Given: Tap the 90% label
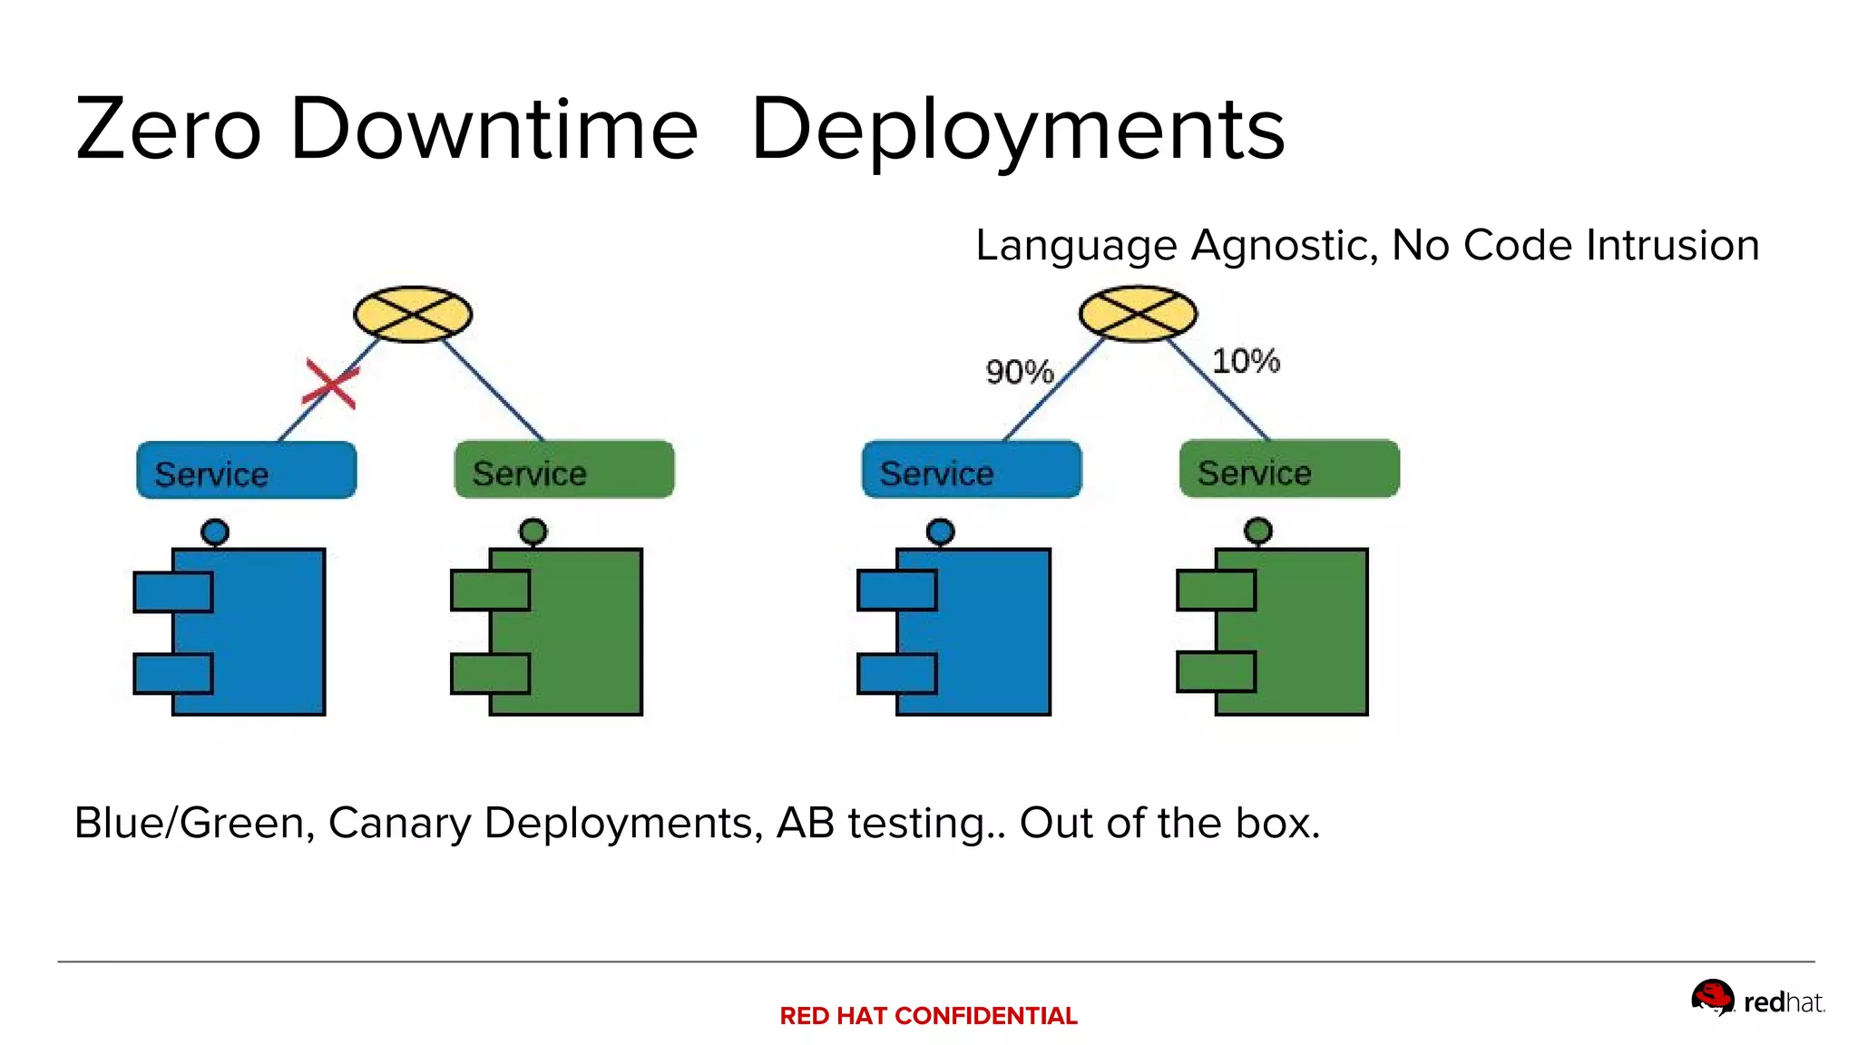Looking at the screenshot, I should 1019,372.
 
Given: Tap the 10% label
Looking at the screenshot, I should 1246,361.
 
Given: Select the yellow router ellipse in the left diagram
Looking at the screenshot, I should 413,314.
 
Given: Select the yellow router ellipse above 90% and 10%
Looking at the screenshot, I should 1138,314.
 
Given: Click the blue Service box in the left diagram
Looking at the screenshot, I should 247,470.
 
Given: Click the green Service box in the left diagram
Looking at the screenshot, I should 564,470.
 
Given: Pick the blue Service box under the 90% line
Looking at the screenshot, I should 972,470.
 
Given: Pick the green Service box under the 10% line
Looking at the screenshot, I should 1289,469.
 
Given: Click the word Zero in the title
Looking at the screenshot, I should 169,130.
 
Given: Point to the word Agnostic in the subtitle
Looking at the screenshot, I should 1284,246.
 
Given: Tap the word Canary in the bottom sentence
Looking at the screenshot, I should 399,824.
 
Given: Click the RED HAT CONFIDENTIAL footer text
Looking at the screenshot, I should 928,1016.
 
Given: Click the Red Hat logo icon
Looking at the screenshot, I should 1712,997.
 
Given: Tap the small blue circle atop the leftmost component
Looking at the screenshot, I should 215,532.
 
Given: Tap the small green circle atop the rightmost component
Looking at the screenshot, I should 1258,530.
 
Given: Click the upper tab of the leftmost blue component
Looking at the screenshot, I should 172,592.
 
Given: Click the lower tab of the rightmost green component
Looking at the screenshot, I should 1216,672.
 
